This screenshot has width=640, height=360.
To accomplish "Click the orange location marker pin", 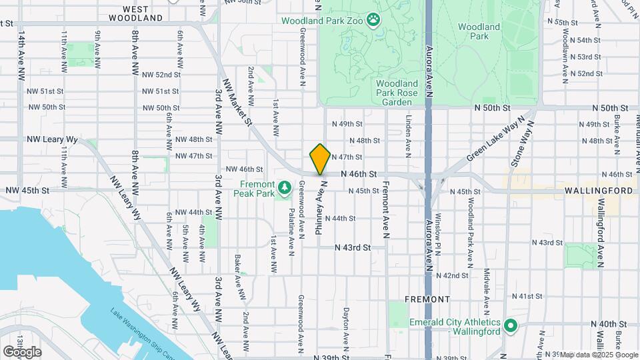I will (320, 159).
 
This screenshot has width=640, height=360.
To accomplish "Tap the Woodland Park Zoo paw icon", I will (373, 20).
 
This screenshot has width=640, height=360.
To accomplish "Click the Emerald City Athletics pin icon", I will (511, 326).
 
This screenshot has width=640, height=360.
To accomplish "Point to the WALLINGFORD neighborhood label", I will (597, 191).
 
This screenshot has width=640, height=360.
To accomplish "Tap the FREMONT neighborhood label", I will (427, 299).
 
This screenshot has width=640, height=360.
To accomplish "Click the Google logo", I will (21, 351).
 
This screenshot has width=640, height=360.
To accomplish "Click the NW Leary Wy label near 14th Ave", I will (52, 140).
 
